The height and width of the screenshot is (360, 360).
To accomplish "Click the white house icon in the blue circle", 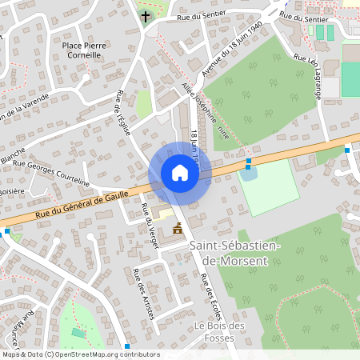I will pyautogui.click(x=180, y=173).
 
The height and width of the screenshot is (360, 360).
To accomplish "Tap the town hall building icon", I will pyautogui.click(x=177, y=230).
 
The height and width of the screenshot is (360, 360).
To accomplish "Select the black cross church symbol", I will pyautogui.click(x=146, y=16).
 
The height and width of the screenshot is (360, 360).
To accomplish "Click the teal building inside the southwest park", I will pyautogui.click(x=78, y=332).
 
